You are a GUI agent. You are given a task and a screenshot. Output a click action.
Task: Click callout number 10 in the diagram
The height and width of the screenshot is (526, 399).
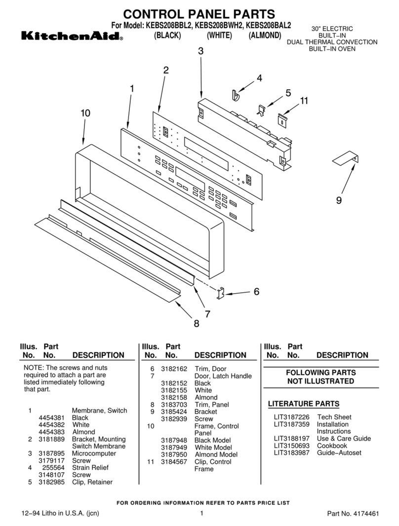pyautogui.click(x=85, y=113)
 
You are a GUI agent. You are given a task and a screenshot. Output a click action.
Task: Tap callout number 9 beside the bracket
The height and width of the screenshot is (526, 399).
pyautogui.click(x=339, y=200)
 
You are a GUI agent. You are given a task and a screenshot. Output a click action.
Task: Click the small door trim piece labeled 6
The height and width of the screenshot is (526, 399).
pyautogui.click(x=222, y=293)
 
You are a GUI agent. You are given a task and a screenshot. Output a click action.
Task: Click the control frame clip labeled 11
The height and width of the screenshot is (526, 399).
pyautogui.click(x=281, y=120)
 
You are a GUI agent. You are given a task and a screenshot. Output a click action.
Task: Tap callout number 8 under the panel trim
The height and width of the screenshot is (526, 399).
pyautogui.click(x=196, y=324)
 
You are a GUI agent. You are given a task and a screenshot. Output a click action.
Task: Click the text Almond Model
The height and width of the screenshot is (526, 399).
pyautogui.click(x=213, y=454)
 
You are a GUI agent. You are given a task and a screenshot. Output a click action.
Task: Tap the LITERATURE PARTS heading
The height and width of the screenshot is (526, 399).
pyautogui.click(x=303, y=404)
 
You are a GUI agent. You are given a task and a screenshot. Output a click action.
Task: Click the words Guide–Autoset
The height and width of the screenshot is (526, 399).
pyautogui.click(x=339, y=453)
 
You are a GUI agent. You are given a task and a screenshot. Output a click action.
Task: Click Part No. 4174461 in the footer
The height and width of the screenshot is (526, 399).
pyautogui.click(x=353, y=514)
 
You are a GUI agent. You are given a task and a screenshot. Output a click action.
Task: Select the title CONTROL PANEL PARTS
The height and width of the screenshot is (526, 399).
pyautogui.click(x=199, y=14)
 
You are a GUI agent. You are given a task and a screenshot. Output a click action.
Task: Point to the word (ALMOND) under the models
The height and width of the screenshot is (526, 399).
pyautogui.click(x=265, y=36)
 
